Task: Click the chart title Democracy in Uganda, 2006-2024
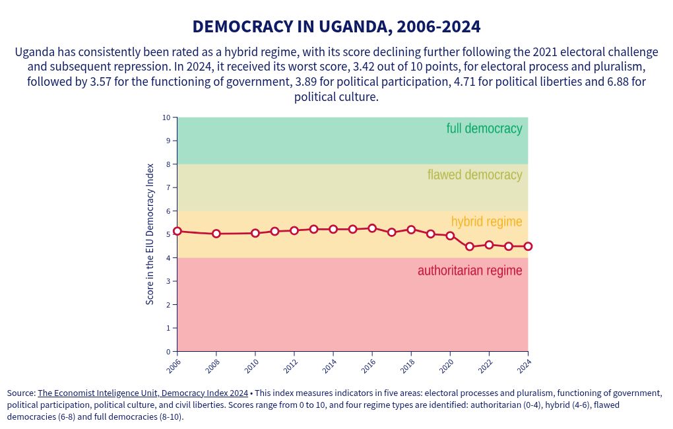pyautogui.click(x=336, y=27)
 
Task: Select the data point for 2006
pyautogui.click(x=177, y=232)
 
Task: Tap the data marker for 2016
pyautogui.click(x=372, y=228)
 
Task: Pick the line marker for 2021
pyautogui.click(x=470, y=247)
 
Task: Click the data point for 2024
pyautogui.click(x=528, y=246)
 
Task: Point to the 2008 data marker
pyautogui.click(x=216, y=234)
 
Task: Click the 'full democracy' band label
pyautogui.click(x=484, y=129)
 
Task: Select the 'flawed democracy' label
pyautogui.click(x=474, y=175)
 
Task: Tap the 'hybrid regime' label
pyautogui.click(x=486, y=222)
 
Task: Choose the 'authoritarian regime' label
pyautogui.click(x=470, y=271)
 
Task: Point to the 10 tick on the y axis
pyautogui.click(x=166, y=117)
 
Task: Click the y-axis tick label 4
pyautogui.click(x=168, y=258)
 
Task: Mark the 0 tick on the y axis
pyautogui.click(x=168, y=351)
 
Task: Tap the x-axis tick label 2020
pyautogui.click(x=447, y=364)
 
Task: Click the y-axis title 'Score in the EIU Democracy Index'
pyautogui.click(x=150, y=234)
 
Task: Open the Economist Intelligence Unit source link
pyautogui.click(x=143, y=393)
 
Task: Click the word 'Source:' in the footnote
pyautogui.click(x=21, y=393)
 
